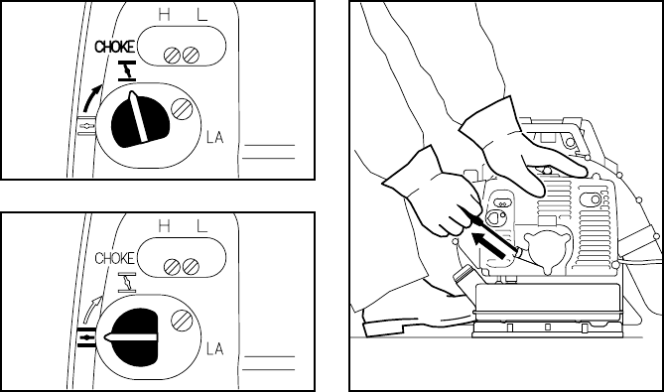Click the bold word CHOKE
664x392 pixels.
(x=115, y=47)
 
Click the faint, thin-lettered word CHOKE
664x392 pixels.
(x=115, y=258)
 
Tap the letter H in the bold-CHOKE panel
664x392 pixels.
(x=165, y=15)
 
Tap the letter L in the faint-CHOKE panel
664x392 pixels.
(x=202, y=226)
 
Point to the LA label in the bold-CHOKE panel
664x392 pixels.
(x=214, y=138)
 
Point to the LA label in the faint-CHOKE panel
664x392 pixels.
(x=214, y=348)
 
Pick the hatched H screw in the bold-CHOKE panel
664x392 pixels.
(x=172, y=55)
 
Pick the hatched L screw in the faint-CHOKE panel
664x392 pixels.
(x=192, y=267)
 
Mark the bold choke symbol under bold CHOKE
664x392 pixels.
(x=127, y=70)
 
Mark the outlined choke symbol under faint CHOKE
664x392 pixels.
(x=127, y=283)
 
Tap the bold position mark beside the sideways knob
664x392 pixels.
(x=86, y=337)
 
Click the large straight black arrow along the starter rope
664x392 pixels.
(x=488, y=245)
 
